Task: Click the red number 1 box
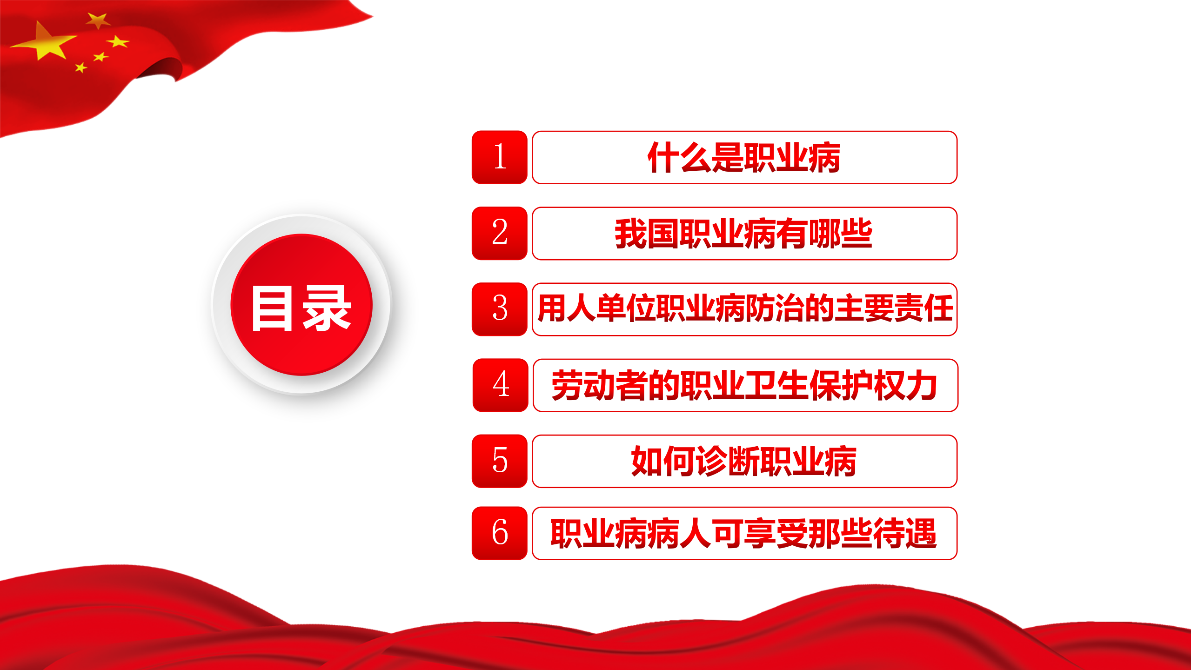499,157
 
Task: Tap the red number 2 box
499,233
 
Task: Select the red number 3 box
499,309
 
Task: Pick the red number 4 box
500,385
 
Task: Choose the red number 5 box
499,461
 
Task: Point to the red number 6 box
499,533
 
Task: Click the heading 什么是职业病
744,158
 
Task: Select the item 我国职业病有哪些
744,234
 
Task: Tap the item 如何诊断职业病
744,462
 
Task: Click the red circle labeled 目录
301,305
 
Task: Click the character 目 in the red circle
272,308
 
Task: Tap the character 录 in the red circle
327,308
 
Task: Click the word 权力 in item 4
905,386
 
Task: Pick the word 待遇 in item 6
905,534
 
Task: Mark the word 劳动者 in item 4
599,386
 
